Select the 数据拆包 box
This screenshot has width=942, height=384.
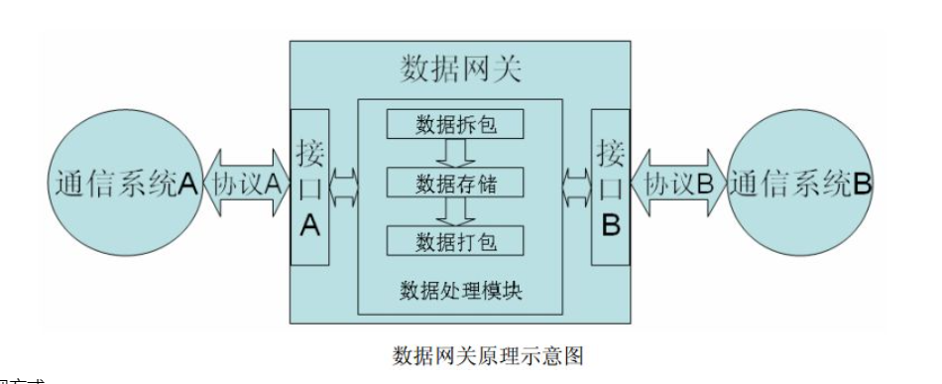(x=456, y=125)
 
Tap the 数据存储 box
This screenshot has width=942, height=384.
(x=456, y=184)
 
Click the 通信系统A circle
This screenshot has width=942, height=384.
(x=123, y=185)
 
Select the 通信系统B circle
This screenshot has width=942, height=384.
(x=799, y=185)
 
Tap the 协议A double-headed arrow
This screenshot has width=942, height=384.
(x=245, y=185)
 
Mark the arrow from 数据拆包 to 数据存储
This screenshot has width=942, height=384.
(x=456, y=154)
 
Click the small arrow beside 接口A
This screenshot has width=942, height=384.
(x=343, y=184)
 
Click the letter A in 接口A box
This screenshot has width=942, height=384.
(x=308, y=226)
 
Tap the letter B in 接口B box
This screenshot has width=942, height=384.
(x=611, y=226)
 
